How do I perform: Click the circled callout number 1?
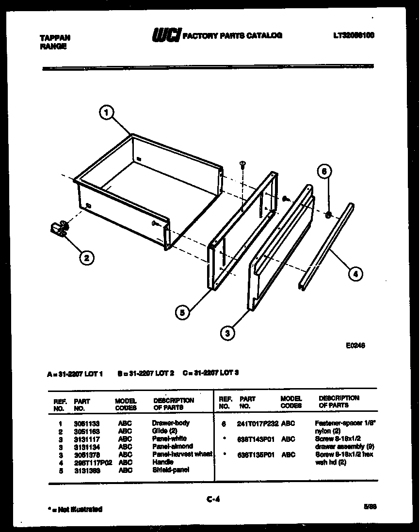click(x=107, y=113)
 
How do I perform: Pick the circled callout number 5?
click(x=182, y=313)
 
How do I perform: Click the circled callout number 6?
click(x=326, y=171)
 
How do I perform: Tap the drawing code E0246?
click(x=355, y=346)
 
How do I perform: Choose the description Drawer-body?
click(x=171, y=423)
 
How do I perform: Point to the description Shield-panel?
click(x=170, y=469)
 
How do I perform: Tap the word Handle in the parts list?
click(x=162, y=462)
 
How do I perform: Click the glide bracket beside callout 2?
click(x=58, y=228)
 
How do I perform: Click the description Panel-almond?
click(x=172, y=446)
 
